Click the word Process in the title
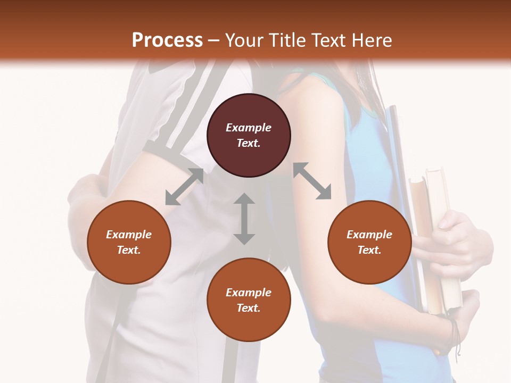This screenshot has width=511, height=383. click(x=167, y=40)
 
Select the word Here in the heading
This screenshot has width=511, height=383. click(x=372, y=40)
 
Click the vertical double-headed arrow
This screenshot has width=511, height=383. click(x=244, y=219)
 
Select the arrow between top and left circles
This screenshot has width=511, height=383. click(x=184, y=187)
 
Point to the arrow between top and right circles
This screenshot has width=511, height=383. click(x=312, y=181)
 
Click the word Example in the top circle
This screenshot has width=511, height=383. click(x=249, y=128)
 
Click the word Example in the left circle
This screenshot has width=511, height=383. click(x=129, y=235)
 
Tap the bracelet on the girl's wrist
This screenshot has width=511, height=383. click(x=454, y=332)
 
